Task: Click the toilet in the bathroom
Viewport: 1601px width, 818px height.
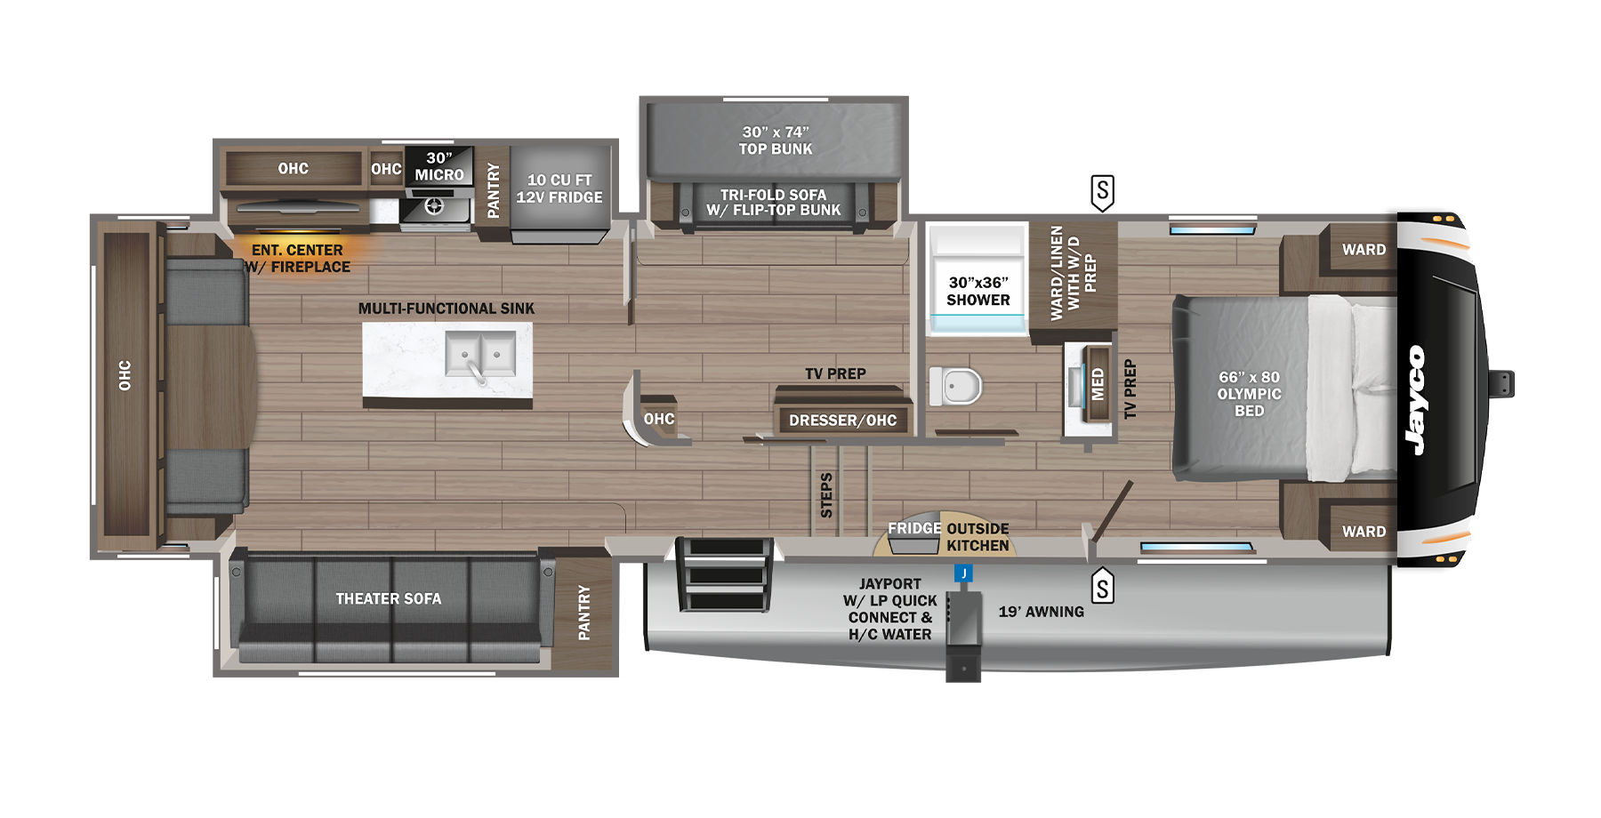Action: pos(958,387)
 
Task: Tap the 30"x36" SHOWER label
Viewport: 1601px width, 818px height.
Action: pos(978,292)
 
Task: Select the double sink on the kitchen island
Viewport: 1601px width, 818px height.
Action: pos(480,355)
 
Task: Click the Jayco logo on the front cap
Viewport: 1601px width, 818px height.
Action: pos(1415,400)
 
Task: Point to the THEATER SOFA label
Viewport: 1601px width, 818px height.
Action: pos(389,599)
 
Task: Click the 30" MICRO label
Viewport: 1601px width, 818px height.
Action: pos(439,166)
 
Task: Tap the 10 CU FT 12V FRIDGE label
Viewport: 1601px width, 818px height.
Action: pos(559,188)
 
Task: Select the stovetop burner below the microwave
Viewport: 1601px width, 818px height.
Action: pos(434,207)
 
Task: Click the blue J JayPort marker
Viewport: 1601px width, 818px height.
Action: pos(963,573)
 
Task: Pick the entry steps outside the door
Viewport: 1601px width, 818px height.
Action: pos(725,575)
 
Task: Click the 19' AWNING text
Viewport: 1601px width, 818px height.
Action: pos(1041,612)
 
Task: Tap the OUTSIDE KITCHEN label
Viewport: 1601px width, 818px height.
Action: pos(977,537)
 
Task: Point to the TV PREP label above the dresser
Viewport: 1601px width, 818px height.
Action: pos(835,374)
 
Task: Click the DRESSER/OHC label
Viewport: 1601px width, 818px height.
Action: pos(842,421)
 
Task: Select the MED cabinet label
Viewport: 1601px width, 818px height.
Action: pos(1097,384)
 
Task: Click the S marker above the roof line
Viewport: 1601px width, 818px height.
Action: pos(1102,190)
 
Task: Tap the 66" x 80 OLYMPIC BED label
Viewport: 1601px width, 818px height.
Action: pos(1249,394)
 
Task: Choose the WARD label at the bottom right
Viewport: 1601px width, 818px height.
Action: pos(1364,532)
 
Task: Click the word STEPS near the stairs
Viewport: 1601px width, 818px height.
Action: pos(826,495)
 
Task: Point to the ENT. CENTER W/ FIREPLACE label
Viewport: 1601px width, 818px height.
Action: pos(298,259)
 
